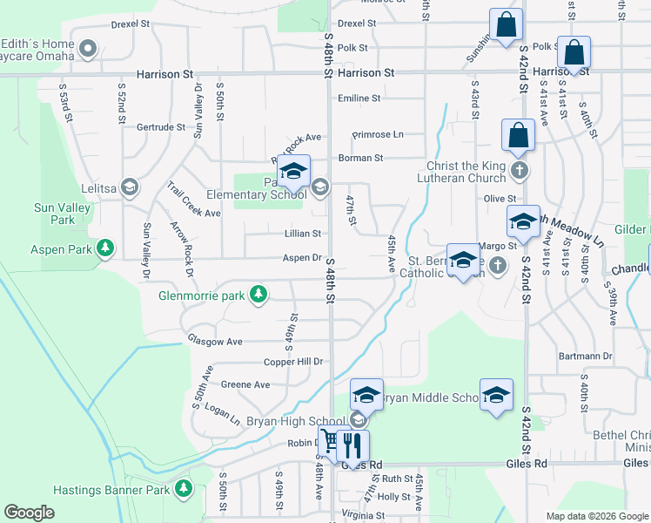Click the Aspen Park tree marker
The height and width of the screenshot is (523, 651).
pyautogui.click(x=105, y=249)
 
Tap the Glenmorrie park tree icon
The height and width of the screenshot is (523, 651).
pyautogui.click(x=258, y=295)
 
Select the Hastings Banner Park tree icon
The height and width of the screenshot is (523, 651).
pyautogui.click(x=183, y=490)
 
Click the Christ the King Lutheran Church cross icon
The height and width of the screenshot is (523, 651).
pyautogui.click(x=520, y=169)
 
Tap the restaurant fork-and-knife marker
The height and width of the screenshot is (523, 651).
pyautogui.click(x=352, y=445)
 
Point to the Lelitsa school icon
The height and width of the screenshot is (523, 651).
pyautogui.click(x=129, y=187)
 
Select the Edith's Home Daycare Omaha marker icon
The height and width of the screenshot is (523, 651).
pyautogui.click(x=88, y=49)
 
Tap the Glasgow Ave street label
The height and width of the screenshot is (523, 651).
pyautogui.click(x=215, y=342)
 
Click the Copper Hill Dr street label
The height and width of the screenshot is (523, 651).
pyautogui.click(x=294, y=361)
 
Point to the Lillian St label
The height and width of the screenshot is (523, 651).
pyautogui.click(x=303, y=234)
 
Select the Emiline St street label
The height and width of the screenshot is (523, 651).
pyautogui.click(x=359, y=98)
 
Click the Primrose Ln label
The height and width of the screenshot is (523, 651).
pyautogui.click(x=378, y=134)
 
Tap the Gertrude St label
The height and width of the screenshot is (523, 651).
pyautogui.click(x=161, y=126)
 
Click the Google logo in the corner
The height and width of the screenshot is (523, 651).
pyautogui.click(x=29, y=512)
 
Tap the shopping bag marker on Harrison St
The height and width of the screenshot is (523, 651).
pyautogui.click(x=574, y=52)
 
